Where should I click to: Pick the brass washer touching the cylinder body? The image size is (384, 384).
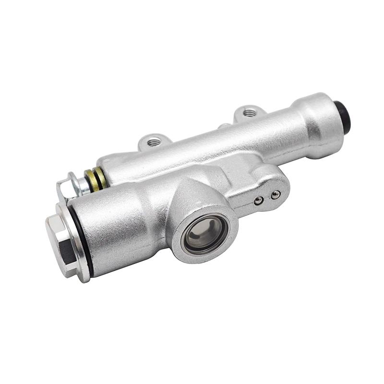pyautogui.click(x=100, y=178)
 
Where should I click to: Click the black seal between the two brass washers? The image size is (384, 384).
pyautogui.click(x=95, y=178)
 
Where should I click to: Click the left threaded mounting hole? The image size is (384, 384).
pyautogui.click(x=155, y=142)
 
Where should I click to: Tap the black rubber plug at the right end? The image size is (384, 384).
pyautogui.click(x=344, y=117)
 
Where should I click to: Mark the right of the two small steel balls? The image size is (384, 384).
pyautogui.click(x=275, y=195)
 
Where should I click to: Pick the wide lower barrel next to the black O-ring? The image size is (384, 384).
pyautogui.click(x=120, y=230)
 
